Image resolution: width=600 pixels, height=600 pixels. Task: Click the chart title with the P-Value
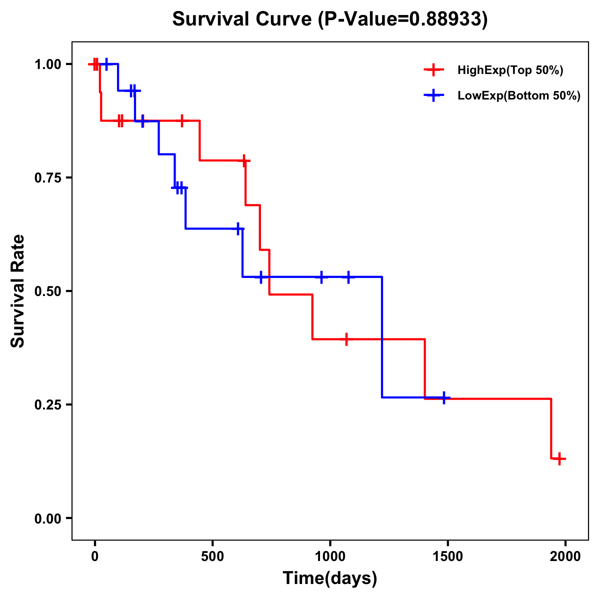(x=330, y=19)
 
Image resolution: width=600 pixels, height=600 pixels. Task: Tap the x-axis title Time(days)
(x=330, y=578)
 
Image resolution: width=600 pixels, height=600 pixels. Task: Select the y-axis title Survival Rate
(x=18, y=291)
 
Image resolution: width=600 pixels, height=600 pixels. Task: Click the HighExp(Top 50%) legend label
(x=510, y=70)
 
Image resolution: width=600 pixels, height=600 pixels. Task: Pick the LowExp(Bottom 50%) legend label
(x=519, y=95)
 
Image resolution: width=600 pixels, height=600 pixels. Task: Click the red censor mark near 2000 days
(x=560, y=458)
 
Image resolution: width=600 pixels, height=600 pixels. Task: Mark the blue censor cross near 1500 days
(x=443, y=398)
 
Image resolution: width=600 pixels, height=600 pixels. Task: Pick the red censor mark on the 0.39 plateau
(x=345, y=339)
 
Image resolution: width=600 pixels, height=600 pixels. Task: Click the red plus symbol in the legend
(x=434, y=70)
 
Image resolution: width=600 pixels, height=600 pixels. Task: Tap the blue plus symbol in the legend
(x=434, y=95)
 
